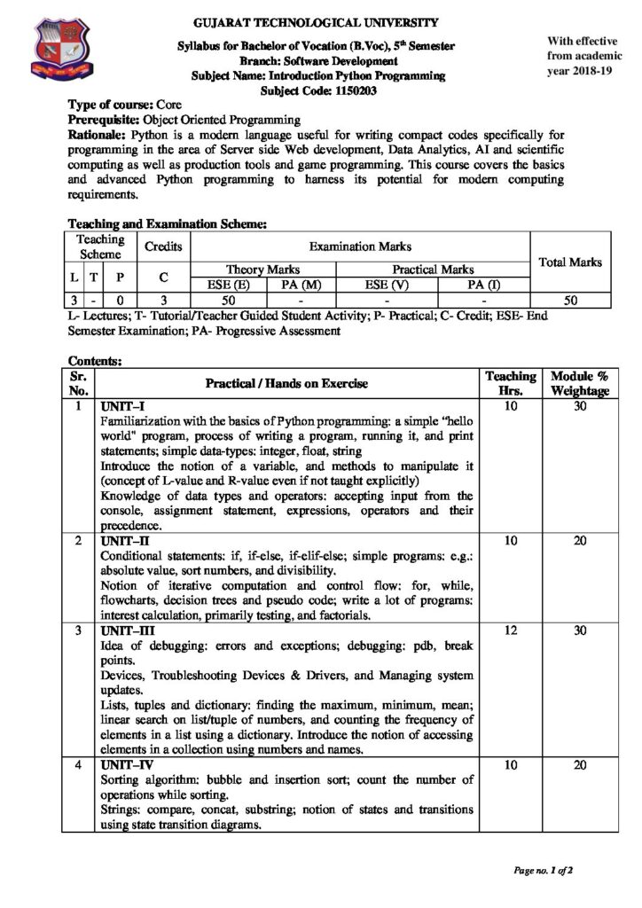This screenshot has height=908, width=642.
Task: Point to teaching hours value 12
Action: [511, 630]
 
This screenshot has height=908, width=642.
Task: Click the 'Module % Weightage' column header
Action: [579, 383]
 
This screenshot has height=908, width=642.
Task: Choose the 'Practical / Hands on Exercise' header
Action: [286, 383]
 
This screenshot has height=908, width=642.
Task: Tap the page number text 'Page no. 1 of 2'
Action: [544, 870]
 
